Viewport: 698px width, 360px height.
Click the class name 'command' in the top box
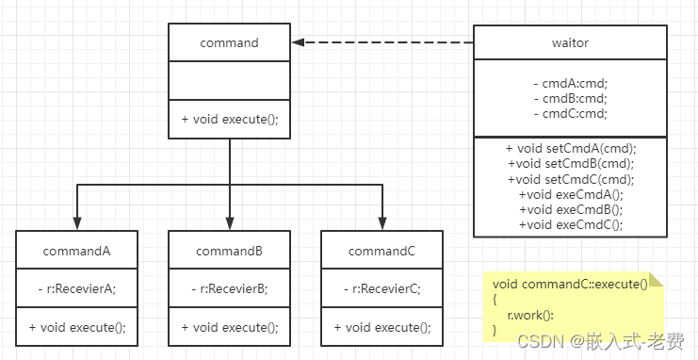click(x=229, y=43)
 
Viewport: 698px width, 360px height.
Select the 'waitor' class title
click(x=570, y=43)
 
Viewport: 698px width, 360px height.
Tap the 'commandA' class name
click(x=76, y=252)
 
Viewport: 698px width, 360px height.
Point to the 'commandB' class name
click(x=229, y=252)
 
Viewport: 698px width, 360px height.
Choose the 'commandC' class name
click(x=381, y=252)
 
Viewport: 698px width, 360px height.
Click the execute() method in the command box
click(x=229, y=120)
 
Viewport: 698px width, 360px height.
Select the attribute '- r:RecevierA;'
click(x=76, y=289)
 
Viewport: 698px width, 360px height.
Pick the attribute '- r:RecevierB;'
click(x=229, y=289)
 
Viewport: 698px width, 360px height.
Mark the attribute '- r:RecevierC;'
click(x=381, y=289)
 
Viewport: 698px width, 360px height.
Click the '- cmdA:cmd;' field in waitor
click(x=570, y=84)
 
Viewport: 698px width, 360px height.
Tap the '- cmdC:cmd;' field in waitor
click(x=570, y=114)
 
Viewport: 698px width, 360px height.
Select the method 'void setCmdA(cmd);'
click(x=571, y=148)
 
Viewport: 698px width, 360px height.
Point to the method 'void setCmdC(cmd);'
click(x=571, y=179)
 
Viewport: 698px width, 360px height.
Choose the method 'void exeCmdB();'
click(x=571, y=209)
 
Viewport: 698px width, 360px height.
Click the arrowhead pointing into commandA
click(x=76, y=223)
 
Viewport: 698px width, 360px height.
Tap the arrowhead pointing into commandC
click(x=381, y=223)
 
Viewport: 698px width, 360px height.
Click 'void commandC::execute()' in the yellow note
click(x=570, y=284)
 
